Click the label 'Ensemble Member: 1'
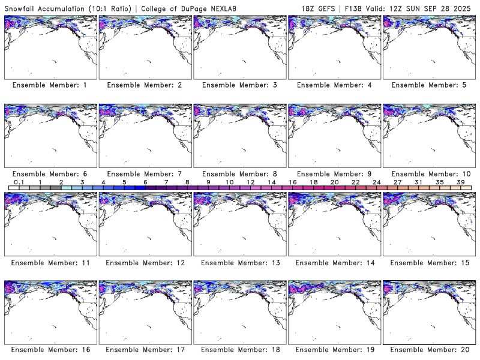pos(49,85)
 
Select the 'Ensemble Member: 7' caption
pos(144,174)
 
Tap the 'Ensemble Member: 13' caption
pos(239,263)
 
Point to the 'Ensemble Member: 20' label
pos(428,349)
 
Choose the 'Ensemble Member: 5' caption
pos(428,85)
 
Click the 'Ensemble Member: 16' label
pos(49,349)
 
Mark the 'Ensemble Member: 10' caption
pos(428,174)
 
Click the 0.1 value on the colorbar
pos(19,182)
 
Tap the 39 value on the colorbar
pos(461,182)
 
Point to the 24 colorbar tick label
pos(377,182)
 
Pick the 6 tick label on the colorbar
pos(145,182)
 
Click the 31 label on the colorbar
pos(419,182)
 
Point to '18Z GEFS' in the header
pos(318,7)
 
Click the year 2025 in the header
pos(465,7)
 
